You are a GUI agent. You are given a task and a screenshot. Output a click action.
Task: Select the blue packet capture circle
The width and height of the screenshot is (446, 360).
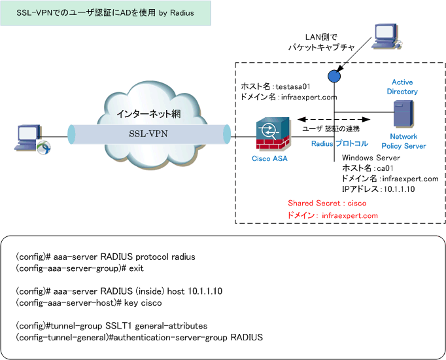click(x=334, y=77)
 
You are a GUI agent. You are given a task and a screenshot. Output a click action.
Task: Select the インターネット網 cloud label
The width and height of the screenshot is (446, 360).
click(x=148, y=114)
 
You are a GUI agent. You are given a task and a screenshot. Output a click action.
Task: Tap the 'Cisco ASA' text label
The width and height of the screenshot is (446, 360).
click(x=269, y=158)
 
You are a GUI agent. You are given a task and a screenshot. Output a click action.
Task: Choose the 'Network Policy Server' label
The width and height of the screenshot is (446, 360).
click(x=403, y=141)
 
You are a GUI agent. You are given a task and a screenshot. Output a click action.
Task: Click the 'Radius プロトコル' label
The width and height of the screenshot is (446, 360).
click(x=339, y=143)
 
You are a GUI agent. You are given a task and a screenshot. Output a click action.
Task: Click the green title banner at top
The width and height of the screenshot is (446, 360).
click(x=105, y=13)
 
